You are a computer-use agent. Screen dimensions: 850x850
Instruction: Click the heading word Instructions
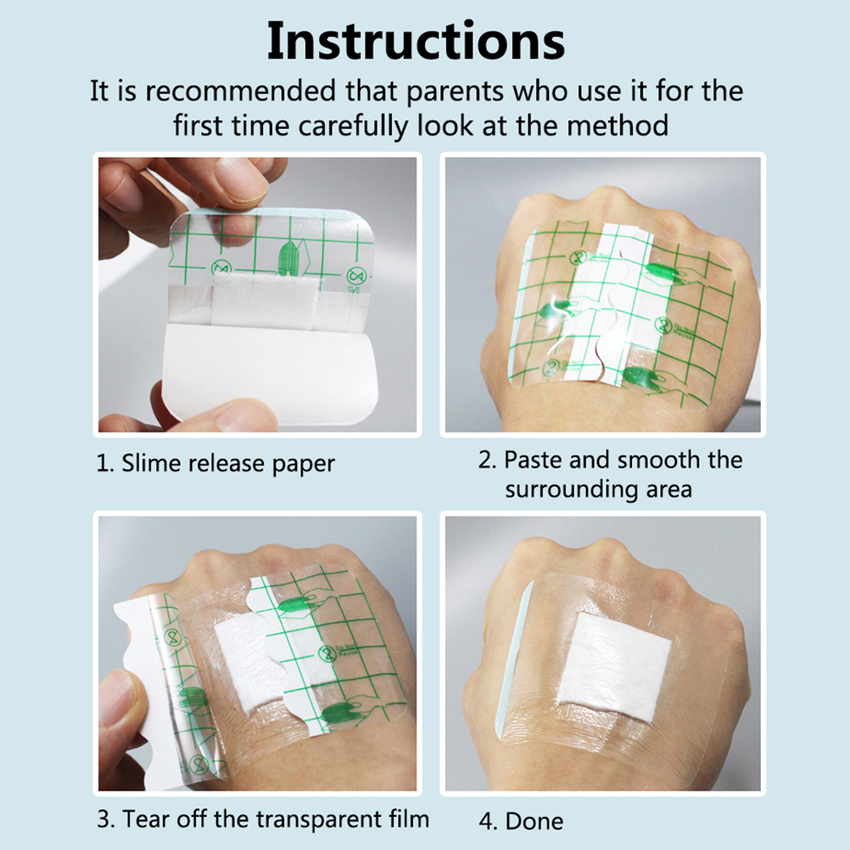coord(416,42)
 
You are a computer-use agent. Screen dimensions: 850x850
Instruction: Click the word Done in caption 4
coord(534,820)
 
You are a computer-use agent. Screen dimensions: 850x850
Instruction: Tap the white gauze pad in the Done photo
coord(615,668)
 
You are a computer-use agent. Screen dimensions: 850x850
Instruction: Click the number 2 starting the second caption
coord(487,461)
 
